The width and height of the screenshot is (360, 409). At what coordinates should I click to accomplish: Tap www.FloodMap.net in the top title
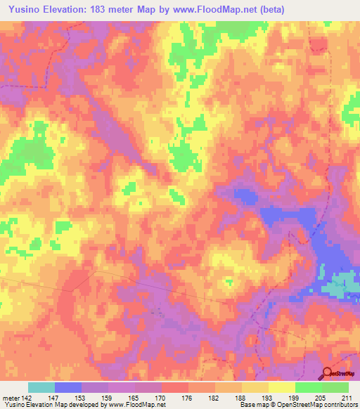(222, 9)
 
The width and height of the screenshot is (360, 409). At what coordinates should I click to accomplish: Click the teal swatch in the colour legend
(41, 387)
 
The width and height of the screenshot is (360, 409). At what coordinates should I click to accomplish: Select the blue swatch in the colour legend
(68, 387)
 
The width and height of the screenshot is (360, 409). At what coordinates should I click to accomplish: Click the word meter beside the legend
(11, 397)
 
